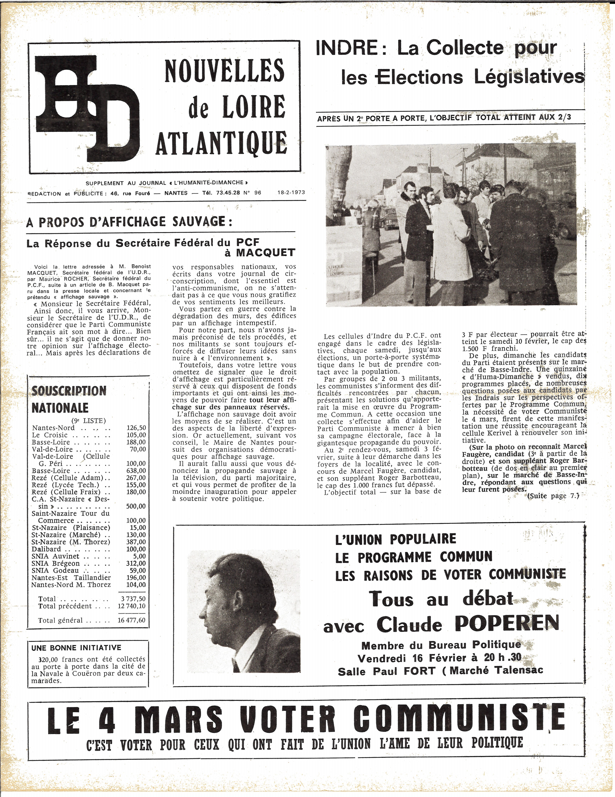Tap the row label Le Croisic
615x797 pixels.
[x=50, y=435]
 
